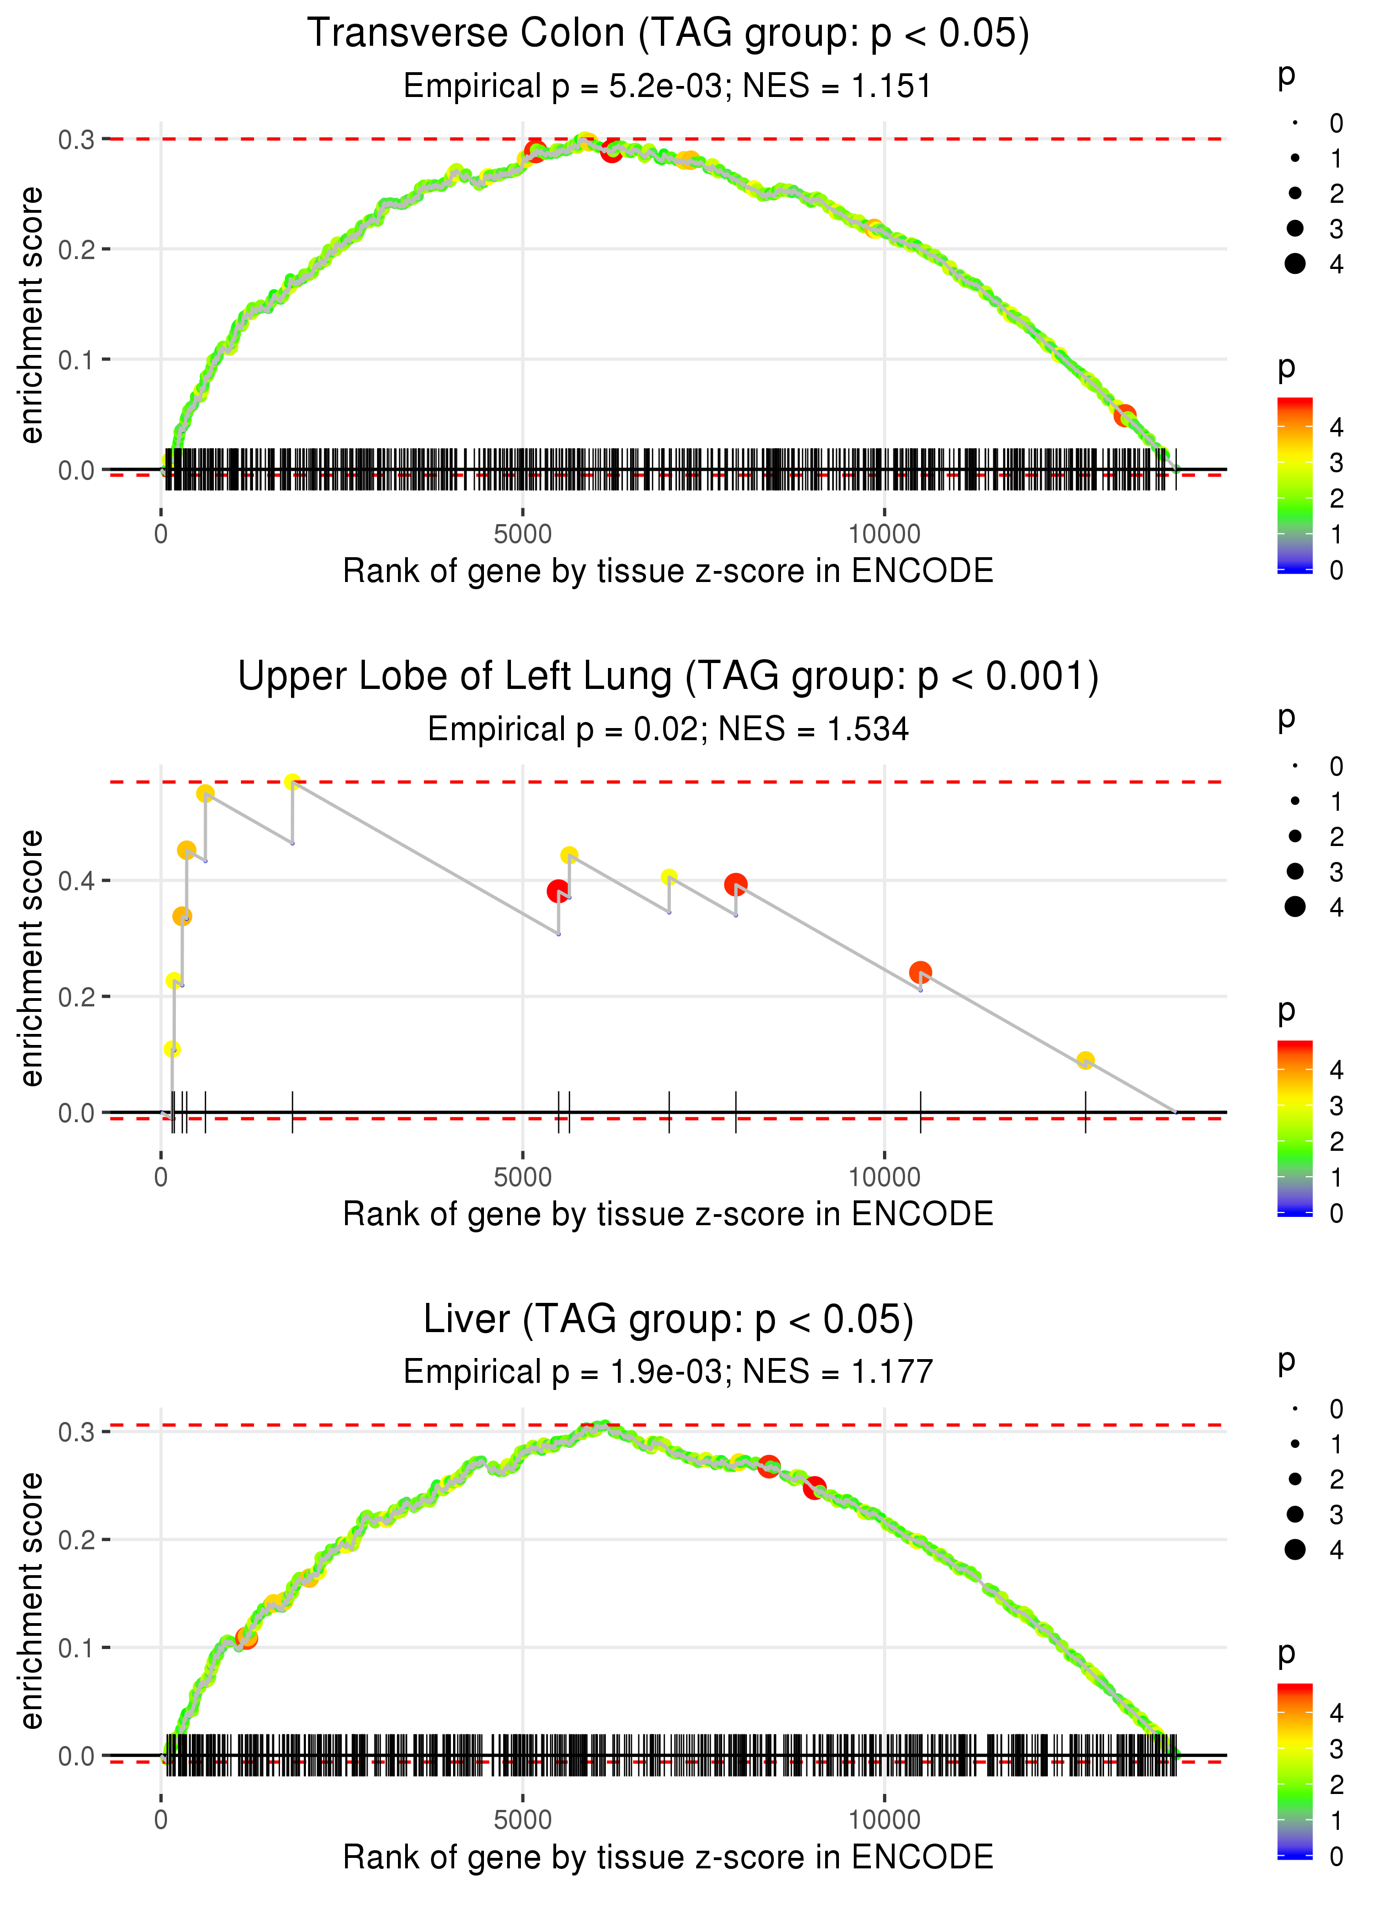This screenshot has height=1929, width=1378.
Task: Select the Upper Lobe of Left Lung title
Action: point(668,677)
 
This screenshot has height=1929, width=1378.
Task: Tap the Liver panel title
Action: point(668,1319)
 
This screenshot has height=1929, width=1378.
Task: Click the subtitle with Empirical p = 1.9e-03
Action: point(668,1372)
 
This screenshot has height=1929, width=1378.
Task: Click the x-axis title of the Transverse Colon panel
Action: point(668,571)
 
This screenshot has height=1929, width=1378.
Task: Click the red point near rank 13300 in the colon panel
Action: point(1125,416)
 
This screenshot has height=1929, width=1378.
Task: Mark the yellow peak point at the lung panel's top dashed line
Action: point(293,782)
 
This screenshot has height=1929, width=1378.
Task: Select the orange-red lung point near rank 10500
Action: point(921,972)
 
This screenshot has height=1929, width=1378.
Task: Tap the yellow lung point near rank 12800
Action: point(1085,1060)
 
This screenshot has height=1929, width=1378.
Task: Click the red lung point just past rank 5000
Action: point(557,891)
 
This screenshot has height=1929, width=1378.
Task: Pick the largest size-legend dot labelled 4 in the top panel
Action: point(1295,264)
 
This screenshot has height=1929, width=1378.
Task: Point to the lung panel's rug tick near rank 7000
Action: point(670,1112)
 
